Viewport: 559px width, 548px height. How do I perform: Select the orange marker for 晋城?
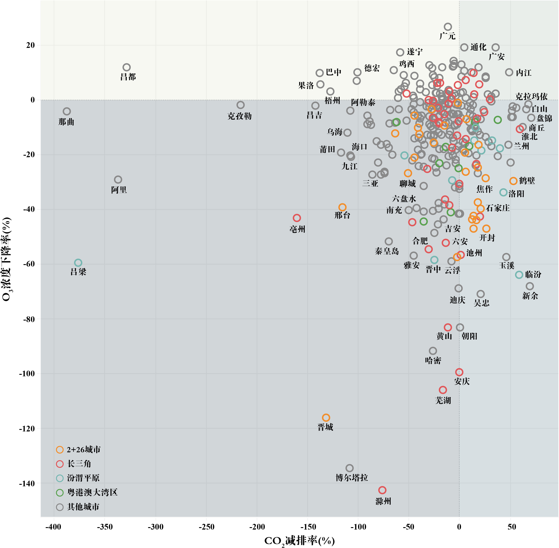pos(326,417)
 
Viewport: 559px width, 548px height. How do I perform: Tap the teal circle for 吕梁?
pos(78,263)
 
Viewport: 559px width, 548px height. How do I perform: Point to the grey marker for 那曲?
pos(67,111)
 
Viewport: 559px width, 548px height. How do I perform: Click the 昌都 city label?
pos(128,77)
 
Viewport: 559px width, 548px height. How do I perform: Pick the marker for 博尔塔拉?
pos(349,468)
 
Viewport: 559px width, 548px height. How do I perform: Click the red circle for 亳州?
pos(297,218)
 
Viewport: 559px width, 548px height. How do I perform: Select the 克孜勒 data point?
pos(240,105)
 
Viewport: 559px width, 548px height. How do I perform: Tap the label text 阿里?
pos(119,190)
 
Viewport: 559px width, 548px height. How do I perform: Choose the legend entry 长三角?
pos(79,464)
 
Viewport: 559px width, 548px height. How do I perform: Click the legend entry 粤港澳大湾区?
pos(92,492)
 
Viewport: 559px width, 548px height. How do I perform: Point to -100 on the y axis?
pos(27,374)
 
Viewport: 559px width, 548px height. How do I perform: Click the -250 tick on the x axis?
pos(206,527)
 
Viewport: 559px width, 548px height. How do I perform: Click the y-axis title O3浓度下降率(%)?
pos(6,259)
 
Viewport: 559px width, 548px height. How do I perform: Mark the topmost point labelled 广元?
pos(448,27)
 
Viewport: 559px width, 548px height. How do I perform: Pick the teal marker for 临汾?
pos(519,275)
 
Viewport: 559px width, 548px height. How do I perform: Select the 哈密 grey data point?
pos(433,351)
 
